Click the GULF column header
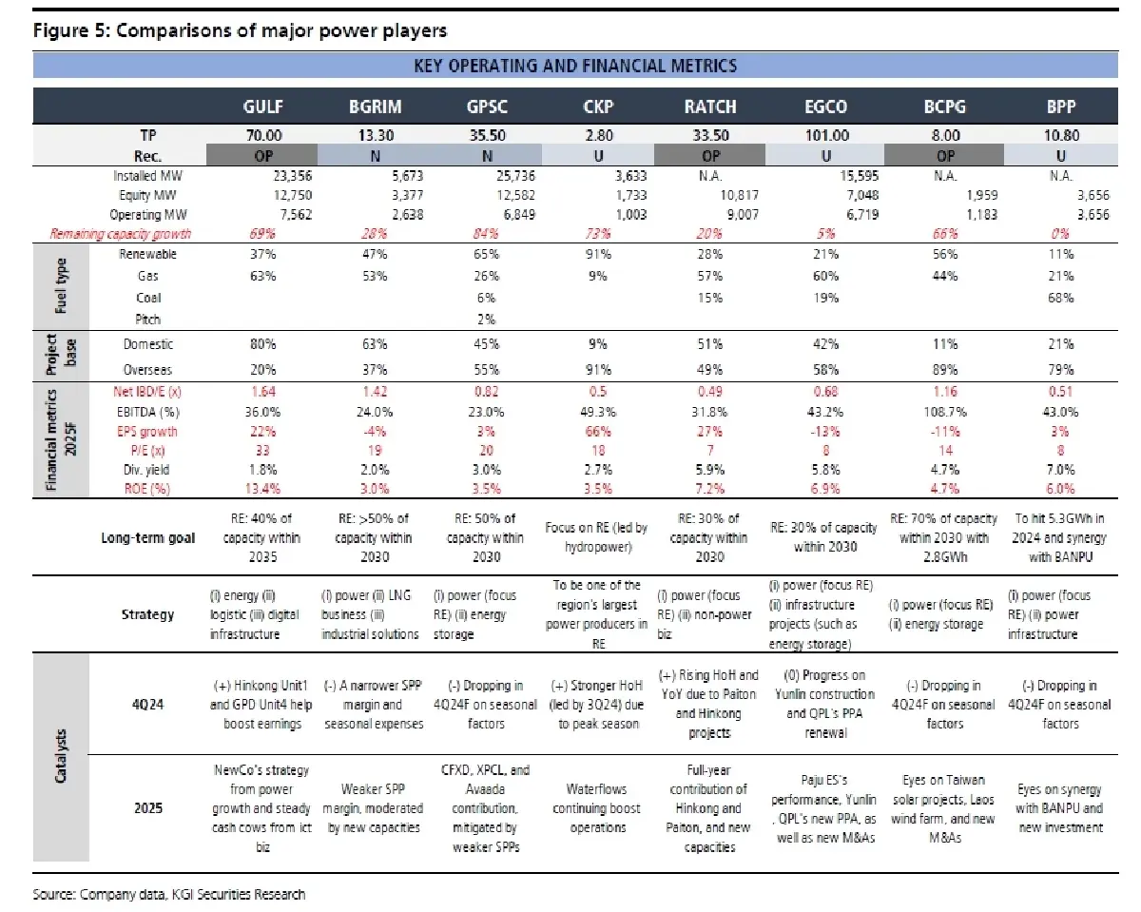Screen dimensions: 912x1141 [x=263, y=107]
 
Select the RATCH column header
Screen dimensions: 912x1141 [x=710, y=107]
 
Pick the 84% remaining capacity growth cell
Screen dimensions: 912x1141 [x=480, y=233]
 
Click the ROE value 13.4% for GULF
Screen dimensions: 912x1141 [x=263, y=489]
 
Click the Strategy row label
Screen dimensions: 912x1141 [x=148, y=614]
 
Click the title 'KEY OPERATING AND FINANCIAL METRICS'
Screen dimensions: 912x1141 [x=575, y=66]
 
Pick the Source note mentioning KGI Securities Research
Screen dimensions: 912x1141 [x=169, y=894]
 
